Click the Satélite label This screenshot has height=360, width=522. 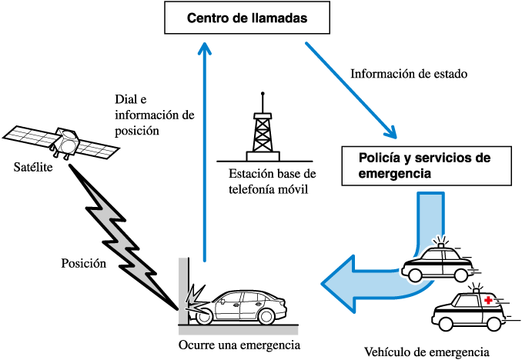coord(33,167)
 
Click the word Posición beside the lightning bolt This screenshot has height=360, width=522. coord(82,263)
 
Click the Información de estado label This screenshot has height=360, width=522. coord(409,75)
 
